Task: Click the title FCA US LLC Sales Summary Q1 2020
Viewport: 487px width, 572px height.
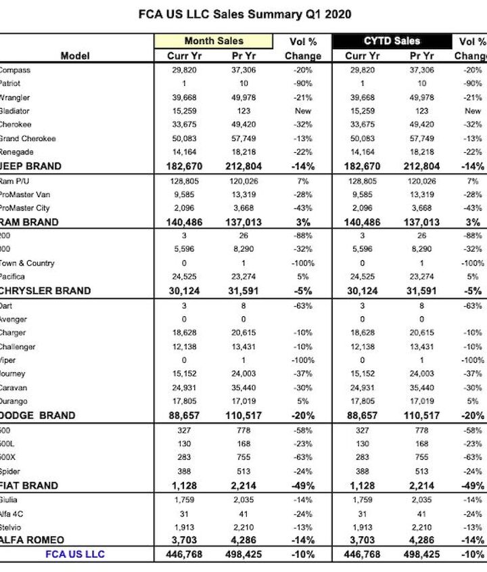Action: pyautogui.click(x=244, y=14)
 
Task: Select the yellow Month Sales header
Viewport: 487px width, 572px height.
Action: pyautogui.click(x=214, y=41)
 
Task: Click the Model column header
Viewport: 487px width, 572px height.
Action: pyautogui.click(x=75, y=56)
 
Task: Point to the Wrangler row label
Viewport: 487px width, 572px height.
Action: pyautogui.click(x=14, y=97)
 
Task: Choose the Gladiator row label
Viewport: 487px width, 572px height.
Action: pyautogui.click(x=14, y=110)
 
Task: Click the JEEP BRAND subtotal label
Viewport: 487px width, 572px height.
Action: pyautogui.click(x=30, y=166)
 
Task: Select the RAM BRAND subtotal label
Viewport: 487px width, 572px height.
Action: pyautogui.click(x=29, y=222)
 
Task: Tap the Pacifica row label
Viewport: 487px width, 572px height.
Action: pyautogui.click(x=13, y=276)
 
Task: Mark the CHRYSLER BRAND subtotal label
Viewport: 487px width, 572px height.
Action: pyautogui.click(x=45, y=290)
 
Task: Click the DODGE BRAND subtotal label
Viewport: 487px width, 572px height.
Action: pyautogui.click(x=37, y=416)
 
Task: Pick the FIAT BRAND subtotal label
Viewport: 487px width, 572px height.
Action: pyautogui.click(x=29, y=485)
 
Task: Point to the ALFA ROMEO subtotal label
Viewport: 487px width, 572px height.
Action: pyautogui.click(x=32, y=540)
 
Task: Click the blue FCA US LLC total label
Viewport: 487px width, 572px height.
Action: pyautogui.click(x=75, y=554)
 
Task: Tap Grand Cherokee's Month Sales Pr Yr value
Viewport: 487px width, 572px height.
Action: pyautogui.click(x=243, y=138)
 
